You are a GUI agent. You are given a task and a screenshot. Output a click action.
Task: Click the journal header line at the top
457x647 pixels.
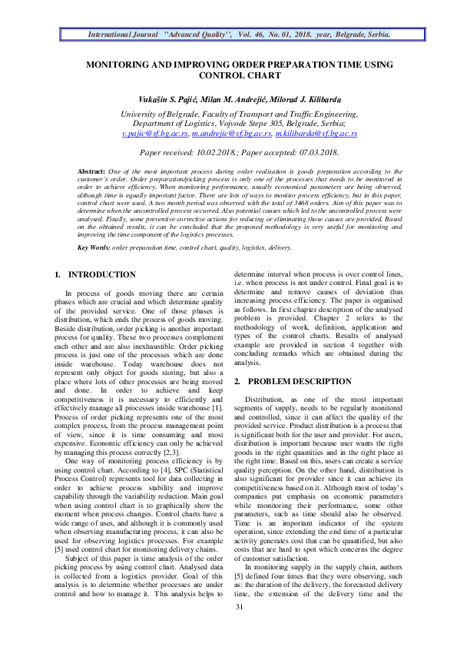[x=239, y=35]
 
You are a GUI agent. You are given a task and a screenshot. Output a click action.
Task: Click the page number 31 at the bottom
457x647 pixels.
[x=239, y=629]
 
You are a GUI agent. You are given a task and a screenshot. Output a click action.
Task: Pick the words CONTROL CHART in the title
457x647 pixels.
[x=239, y=76]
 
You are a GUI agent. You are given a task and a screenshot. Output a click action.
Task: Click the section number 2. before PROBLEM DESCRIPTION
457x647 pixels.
[x=238, y=381]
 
